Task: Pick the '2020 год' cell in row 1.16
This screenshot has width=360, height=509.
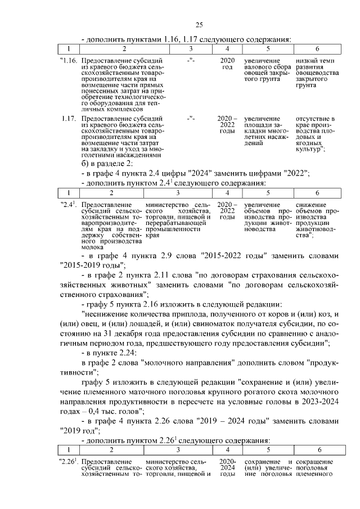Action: [227, 63]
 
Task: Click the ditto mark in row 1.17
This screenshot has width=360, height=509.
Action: [191, 119]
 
